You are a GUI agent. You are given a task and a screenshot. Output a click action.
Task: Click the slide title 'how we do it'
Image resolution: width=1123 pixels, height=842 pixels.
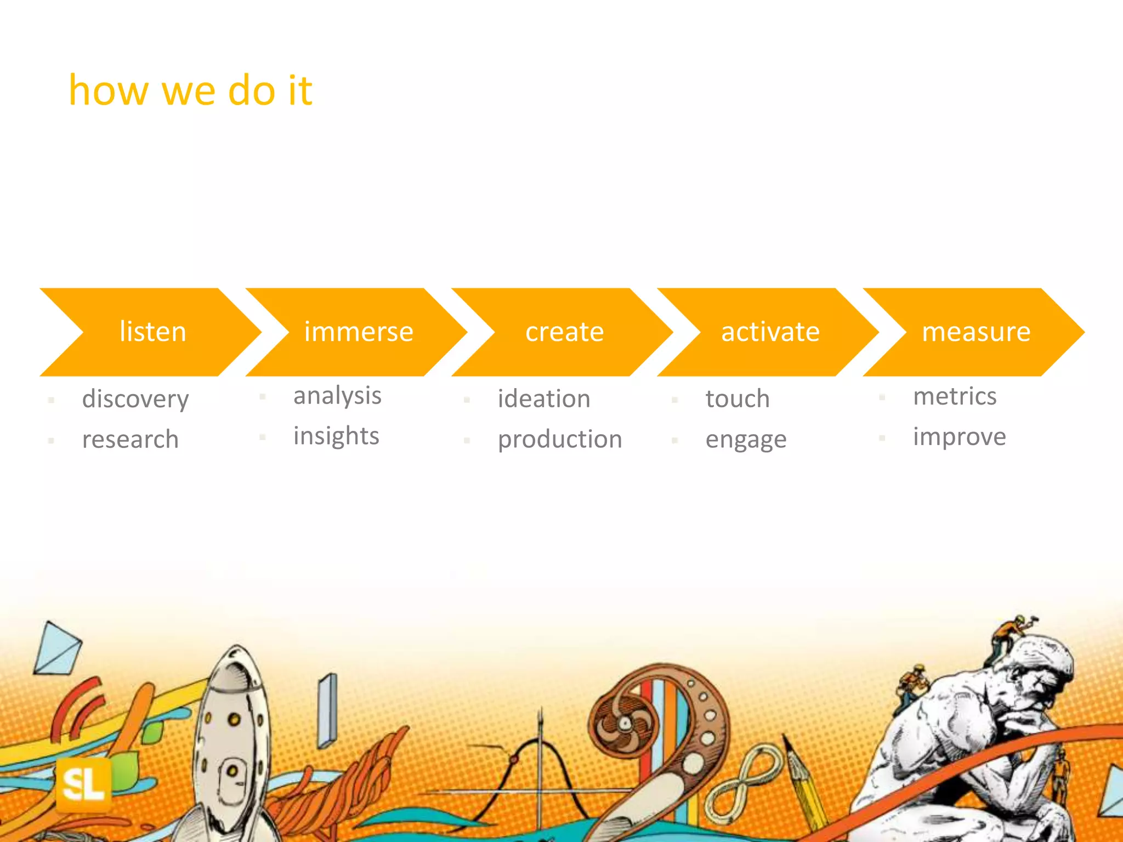pos(190,90)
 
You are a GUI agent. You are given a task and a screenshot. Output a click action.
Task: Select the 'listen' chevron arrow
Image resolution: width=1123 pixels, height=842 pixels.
pos(152,332)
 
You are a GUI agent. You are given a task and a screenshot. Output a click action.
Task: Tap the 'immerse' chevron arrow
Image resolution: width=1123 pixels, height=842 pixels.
pos(359,332)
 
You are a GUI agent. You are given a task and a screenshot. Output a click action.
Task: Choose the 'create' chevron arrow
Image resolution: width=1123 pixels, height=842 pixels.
pos(564,332)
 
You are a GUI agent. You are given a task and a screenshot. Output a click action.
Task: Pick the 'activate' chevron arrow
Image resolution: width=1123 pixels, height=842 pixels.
pos(770,332)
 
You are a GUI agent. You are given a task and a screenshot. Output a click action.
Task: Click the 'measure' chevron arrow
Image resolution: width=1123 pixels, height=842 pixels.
pos(976,332)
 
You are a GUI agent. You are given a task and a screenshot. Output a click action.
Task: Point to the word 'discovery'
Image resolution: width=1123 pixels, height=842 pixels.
pos(135,399)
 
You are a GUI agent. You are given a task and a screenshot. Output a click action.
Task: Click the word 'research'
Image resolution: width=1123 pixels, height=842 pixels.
pos(131,440)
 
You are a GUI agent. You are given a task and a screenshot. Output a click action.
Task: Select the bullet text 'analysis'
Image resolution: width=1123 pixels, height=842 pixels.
pos(337,396)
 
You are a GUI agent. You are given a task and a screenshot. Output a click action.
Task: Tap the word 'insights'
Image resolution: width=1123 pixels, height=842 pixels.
pos(336,436)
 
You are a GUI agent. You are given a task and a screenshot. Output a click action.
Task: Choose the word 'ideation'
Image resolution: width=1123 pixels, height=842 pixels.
pos(544,399)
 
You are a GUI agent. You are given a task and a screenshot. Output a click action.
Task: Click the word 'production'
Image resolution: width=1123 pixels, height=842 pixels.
pos(560,440)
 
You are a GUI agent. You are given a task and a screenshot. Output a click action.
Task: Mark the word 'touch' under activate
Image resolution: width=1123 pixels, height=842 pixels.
pos(738,399)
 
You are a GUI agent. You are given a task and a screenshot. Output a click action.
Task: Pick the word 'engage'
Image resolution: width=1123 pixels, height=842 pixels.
pos(746,440)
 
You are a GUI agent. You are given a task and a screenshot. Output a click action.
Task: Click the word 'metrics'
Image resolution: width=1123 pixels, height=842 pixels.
pos(955,396)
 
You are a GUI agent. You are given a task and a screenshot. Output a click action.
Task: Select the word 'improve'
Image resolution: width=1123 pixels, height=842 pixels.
pos(960,437)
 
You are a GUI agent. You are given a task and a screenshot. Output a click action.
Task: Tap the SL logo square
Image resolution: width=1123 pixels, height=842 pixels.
pos(83,785)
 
